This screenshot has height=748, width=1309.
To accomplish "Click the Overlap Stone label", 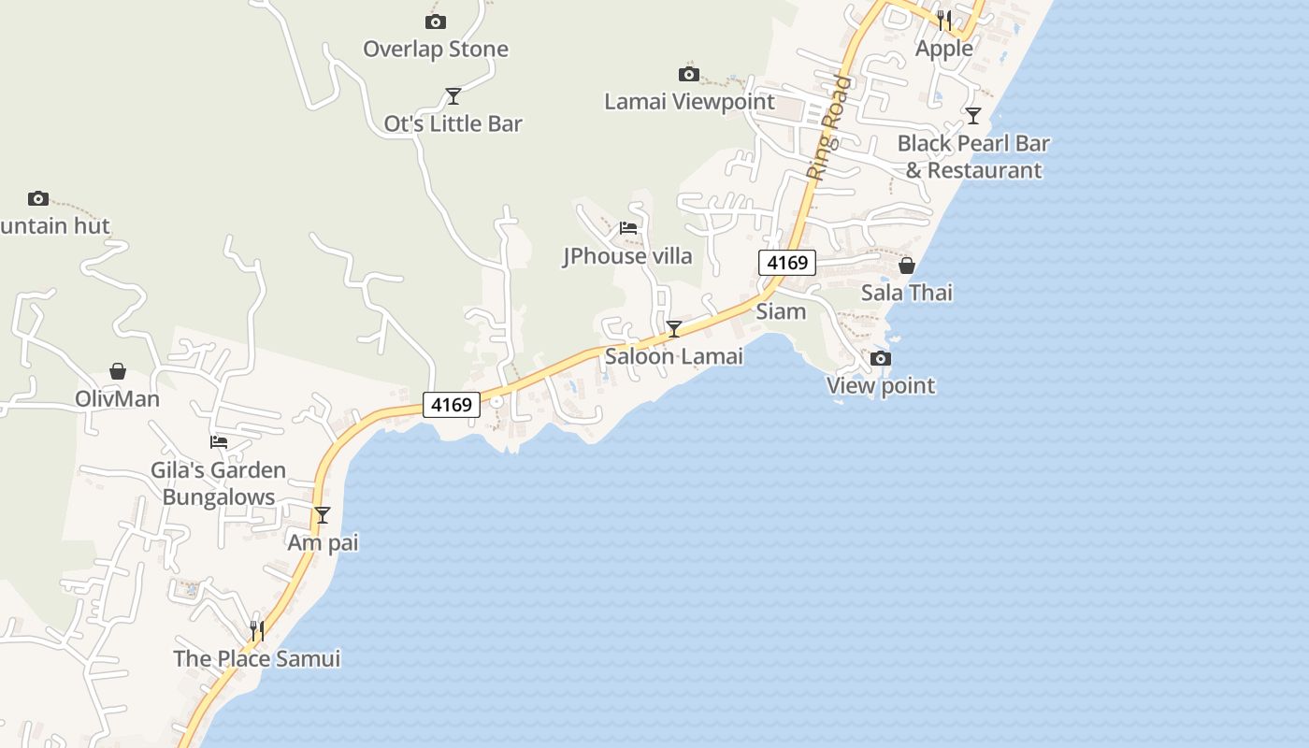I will (x=435, y=49).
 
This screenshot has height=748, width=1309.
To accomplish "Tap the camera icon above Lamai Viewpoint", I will (x=689, y=74).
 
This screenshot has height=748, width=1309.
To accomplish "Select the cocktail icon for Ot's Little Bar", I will (x=453, y=95).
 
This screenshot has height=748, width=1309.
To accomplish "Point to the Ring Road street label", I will (x=829, y=127).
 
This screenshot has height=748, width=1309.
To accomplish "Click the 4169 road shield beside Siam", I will (x=786, y=263).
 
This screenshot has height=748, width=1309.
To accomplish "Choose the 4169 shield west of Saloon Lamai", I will (x=452, y=405).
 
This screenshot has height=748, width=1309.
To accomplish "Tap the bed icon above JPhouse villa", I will (x=628, y=227).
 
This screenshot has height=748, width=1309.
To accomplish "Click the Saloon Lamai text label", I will (x=673, y=356).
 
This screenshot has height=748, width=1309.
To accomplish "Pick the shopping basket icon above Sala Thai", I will (x=906, y=266).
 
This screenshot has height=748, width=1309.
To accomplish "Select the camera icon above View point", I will (x=880, y=358).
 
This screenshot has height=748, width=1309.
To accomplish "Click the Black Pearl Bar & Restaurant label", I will (x=973, y=156).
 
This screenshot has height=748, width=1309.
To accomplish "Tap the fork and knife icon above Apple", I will (x=944, y=20).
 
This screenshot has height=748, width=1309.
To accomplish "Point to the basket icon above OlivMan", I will (x=118, y=371).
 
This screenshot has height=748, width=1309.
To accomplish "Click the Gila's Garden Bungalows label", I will (x=219, y=483).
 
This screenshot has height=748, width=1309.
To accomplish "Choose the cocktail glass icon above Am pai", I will (x=323, y=514).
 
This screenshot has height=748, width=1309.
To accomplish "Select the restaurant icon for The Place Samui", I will (x=257, y=631).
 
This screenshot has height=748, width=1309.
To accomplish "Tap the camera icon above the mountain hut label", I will (x=38, y=198).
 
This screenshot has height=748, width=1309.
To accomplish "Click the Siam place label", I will (x=781, y=311).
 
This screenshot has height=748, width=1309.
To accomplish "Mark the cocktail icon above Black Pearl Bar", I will (x=973, y=115).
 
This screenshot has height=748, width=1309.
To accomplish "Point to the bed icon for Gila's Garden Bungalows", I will (x=219, y=442).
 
